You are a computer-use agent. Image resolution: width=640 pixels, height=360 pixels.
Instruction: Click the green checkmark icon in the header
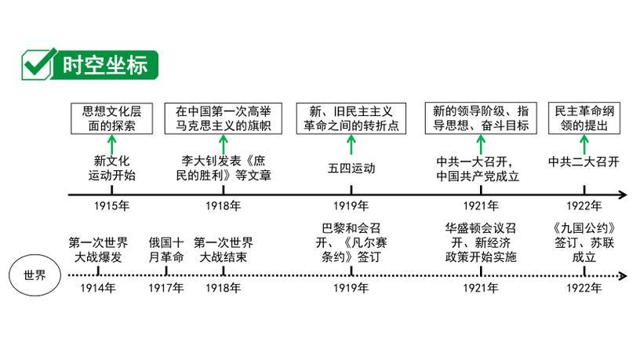[38, 63]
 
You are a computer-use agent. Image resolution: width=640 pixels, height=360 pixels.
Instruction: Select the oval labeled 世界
[35, 275]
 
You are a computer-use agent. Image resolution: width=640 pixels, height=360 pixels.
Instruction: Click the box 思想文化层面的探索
[111, 118]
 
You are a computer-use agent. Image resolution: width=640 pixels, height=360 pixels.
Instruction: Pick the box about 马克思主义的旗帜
[223, 118]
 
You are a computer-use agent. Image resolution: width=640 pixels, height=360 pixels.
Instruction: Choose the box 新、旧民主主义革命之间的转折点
[351, 118]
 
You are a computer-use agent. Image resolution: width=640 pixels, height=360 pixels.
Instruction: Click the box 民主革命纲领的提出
[584, 118]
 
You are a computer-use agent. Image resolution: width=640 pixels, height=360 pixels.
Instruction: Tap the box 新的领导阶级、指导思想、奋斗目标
[481, 118]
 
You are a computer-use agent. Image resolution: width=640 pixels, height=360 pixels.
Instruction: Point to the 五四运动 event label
[351, 168]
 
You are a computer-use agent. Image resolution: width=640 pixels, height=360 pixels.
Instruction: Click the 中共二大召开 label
[584, 162]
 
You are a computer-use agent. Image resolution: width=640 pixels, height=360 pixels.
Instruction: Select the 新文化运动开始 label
[111, 169]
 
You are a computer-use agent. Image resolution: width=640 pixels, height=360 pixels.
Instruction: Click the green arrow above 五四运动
[351, 144]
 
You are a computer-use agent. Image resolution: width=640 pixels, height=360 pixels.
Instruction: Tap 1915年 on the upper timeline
[111, 206]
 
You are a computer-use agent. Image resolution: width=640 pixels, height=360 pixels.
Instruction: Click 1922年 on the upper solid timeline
[584, 206]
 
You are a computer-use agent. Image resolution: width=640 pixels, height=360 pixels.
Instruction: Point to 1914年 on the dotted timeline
[99, 289]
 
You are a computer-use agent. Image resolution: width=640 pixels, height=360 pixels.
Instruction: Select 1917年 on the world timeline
[166, 289]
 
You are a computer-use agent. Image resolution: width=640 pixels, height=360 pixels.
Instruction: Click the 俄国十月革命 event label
[166, 249]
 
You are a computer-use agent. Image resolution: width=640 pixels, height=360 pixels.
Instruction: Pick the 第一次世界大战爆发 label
[99, 249]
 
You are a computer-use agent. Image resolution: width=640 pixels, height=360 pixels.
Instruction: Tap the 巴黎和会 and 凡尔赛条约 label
[351, 242]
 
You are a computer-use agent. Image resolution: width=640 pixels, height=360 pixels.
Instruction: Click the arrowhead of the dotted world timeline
[623, 275]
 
